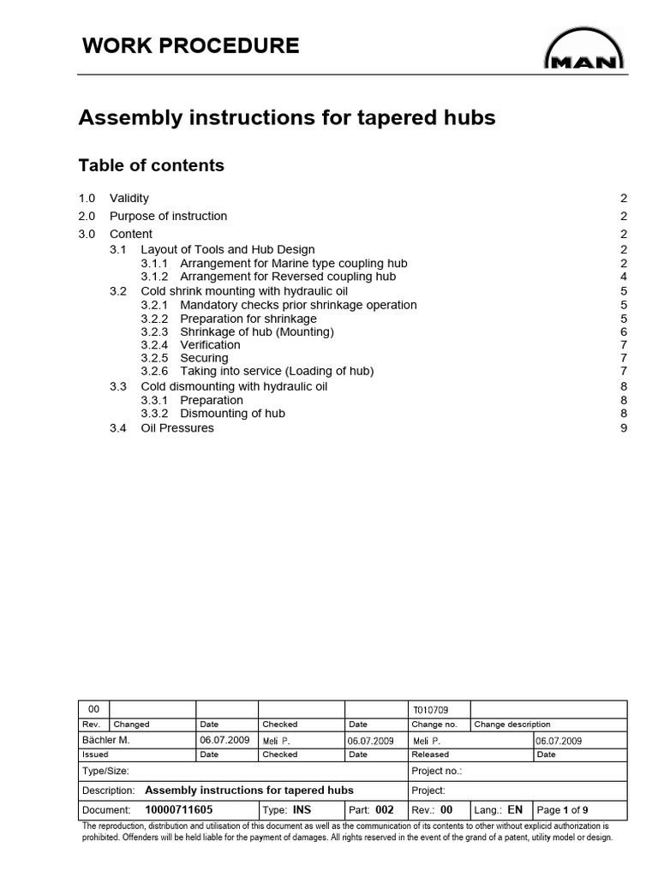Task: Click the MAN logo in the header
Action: click(x=584, y=50)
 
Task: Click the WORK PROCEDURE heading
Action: click(x=190, y=46)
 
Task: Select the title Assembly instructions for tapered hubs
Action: click(x=286, y=118)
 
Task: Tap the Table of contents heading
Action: click(x=151, y=165)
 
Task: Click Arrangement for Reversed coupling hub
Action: click(x=288, y=277)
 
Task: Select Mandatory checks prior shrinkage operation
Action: click(x=298, y=305)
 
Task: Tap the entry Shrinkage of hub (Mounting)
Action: click(x=256, y=331)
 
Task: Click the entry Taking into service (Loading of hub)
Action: click(x=277, y=371)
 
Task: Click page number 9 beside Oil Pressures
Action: click(x=624, y=428)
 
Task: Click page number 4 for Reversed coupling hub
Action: click(x=624, y=277)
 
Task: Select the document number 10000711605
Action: click(x=179, y=809)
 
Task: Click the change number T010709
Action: click(x=430, y=709)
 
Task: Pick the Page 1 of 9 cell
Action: click(x=562, y=809)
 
